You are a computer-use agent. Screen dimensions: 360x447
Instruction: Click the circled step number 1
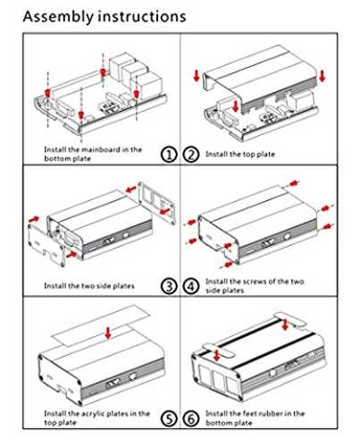click(169, 155)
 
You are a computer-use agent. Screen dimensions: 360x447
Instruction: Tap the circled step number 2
click(191, 155)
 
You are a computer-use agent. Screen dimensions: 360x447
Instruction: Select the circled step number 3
click(169, 286)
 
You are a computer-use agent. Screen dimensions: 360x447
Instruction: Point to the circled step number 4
click(191, 286)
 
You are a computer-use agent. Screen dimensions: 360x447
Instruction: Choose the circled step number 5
click(169, 418)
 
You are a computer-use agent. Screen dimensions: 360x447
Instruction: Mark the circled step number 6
click(191, 418)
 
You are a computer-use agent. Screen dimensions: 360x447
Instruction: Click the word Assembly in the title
click(58, 17)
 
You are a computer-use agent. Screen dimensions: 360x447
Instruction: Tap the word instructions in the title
click(142, 16)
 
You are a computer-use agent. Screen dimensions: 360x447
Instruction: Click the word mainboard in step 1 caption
click(100, 149)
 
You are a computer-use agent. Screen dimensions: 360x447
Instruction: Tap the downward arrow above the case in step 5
click(108, 333)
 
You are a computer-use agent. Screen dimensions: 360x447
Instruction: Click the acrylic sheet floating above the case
click(101, 325)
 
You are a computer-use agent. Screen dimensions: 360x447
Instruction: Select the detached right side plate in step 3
click(157, 203)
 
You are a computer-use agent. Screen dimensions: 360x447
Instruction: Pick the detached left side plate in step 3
click(46, 245)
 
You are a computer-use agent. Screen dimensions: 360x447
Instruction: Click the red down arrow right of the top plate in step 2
click(322, 76)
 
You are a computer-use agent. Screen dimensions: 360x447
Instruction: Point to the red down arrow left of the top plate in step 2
click(197, 75)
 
